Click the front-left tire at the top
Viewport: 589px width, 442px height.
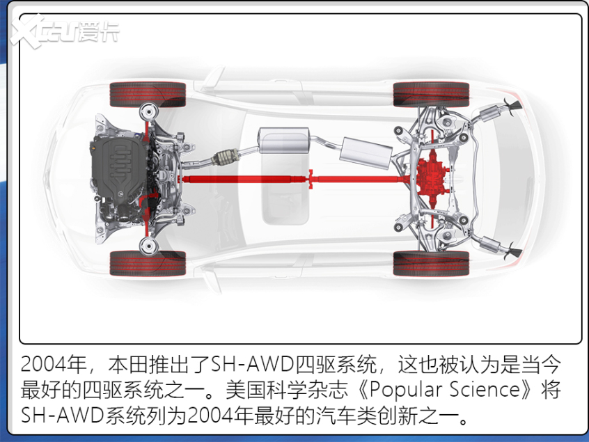(148, 94)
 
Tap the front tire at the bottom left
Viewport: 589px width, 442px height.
(148, 263)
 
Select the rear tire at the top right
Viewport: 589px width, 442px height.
(431, 94)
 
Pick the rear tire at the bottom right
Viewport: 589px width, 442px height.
(431, 263)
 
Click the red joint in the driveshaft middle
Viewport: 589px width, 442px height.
(311, 179)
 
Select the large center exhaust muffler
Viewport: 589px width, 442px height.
(284, 140)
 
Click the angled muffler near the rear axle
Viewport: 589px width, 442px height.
(366, 153)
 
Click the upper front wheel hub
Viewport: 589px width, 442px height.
(148, 111)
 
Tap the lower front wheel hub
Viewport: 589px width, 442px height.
(148, 246)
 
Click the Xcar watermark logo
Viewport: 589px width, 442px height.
(65, 31)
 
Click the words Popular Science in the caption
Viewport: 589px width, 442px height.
(445, 389)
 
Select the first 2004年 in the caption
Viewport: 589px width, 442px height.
(54, 364)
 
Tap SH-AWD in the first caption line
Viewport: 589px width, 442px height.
(253, 364)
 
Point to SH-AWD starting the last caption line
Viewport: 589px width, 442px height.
(63, 415)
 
